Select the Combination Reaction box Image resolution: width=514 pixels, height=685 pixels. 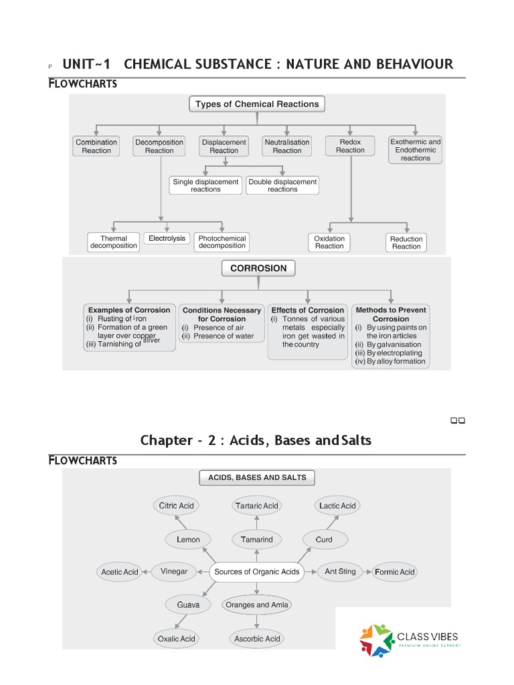point(96,146)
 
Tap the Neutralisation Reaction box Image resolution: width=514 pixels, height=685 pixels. point(287,146)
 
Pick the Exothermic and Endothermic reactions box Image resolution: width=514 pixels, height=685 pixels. point(416,150)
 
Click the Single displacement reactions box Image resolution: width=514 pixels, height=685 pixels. point(205,185)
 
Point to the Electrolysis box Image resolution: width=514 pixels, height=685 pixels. point(167,238)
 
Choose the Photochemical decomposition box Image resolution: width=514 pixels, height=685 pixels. point(222,241)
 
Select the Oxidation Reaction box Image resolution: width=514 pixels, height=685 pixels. point(329,242)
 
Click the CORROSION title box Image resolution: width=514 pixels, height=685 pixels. point(258,268)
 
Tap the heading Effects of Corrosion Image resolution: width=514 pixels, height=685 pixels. point(308,310)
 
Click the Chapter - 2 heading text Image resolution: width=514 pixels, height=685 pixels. point(256,440)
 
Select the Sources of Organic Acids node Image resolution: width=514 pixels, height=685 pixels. point(257,572)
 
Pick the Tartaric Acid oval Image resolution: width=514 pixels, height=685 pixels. point(257,506)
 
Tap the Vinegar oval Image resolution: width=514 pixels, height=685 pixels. point(174,571)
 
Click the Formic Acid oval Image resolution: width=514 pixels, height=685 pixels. point(395,572)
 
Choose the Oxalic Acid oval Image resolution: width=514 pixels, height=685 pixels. point(177,639)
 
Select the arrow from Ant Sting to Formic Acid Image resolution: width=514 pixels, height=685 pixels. point(366,572)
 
